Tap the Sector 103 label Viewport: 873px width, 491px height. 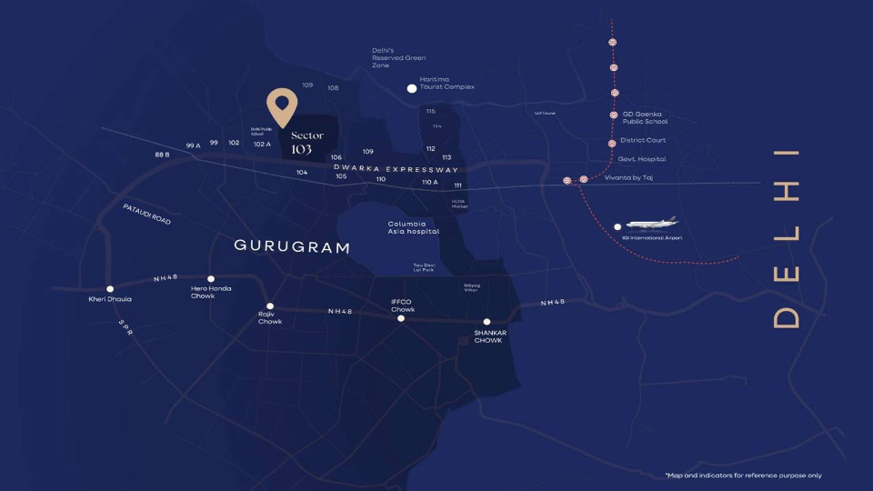coord(307,143)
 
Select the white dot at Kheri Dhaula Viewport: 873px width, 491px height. coord(110,289)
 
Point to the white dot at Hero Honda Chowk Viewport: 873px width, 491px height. coord(211,279)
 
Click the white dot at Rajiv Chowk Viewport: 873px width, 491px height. coord(270,306)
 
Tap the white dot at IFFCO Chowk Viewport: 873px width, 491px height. coord(401,318)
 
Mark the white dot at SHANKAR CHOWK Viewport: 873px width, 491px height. coord(487,322)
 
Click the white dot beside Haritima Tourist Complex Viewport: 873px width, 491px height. coord(412,88)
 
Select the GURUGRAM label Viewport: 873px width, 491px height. coord(292,246)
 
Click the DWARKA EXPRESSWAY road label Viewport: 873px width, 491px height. coord(395,169)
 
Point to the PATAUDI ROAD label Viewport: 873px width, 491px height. coord(146,214)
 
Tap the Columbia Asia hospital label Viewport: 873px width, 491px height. coord(413,227)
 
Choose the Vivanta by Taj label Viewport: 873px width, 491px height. coord(629,178)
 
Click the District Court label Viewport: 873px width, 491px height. coord(643,140)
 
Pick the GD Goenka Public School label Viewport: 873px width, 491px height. coord(645,117)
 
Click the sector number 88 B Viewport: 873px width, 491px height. coord(162,155)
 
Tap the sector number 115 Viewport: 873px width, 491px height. coord(430,111)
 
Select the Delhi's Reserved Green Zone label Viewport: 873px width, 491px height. coord(398,57)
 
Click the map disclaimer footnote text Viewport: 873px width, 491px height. coord(743,476)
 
